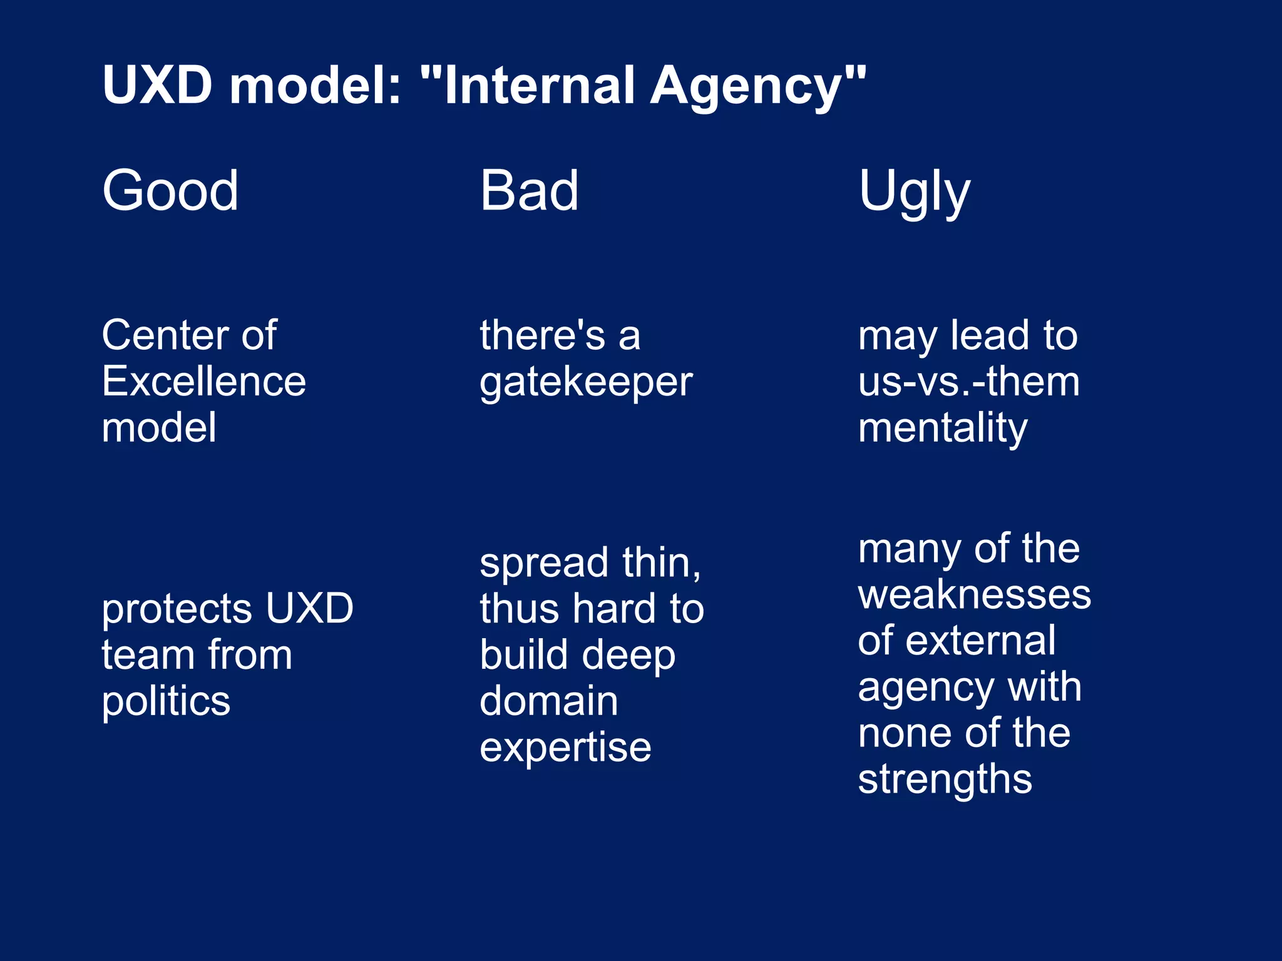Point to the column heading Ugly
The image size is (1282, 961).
914,191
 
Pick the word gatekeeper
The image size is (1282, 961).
586,382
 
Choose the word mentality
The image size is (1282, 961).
942,428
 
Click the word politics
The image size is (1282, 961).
166,701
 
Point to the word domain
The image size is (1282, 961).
549,701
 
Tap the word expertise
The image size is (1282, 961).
565,748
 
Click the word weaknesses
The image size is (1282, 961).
974,594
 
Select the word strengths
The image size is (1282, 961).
945,780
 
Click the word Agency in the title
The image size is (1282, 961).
757,86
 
